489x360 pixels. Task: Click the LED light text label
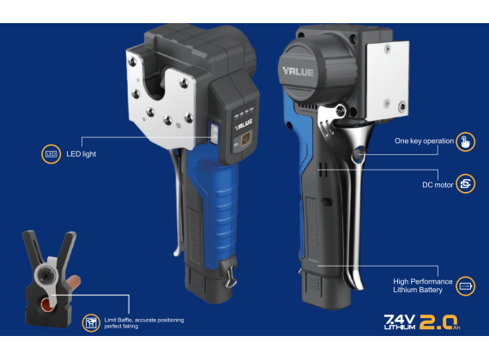[x=82, y=154]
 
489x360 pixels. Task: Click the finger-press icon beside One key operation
[x=465, y=141]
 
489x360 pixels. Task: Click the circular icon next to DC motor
[x=465, y=183]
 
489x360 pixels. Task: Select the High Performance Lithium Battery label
[x=418, y=285]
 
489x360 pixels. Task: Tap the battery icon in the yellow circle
[x=465, y=285]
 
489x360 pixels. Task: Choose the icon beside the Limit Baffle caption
[x=91, y=322]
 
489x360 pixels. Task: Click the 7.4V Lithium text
[x=400, y=322]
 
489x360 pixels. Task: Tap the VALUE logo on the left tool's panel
[x=243, y=123]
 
